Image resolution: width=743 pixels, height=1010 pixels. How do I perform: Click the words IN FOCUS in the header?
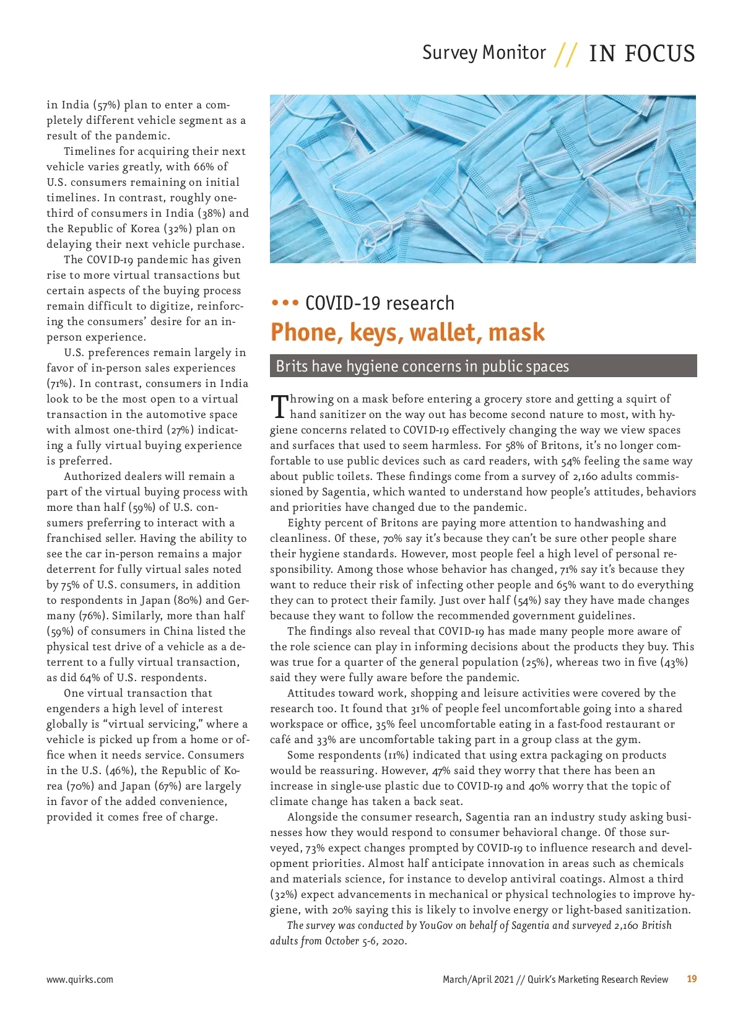click(x=641, y=54)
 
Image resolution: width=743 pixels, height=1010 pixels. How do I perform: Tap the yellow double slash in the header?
click(x=567, y=54)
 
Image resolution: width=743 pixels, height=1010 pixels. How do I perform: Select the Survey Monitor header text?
click(x=484, y=53)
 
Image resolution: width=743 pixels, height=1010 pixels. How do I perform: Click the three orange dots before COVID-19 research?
click(x=285, y=303)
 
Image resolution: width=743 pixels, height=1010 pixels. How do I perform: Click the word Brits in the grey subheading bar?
click(x=292, y=367)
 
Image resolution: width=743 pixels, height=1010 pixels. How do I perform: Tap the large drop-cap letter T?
click(x=279, y=406)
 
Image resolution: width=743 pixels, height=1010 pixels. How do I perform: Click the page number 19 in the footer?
click(x=692, y=979)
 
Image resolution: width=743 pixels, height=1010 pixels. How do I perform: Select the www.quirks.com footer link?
click(x=80, y=980)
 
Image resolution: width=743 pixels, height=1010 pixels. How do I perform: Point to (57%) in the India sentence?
click(x=106, y=105)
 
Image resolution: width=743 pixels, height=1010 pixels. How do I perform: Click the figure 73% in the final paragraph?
click(x=315, y=848)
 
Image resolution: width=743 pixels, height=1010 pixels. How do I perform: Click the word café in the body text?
click(x=280, y=739)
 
